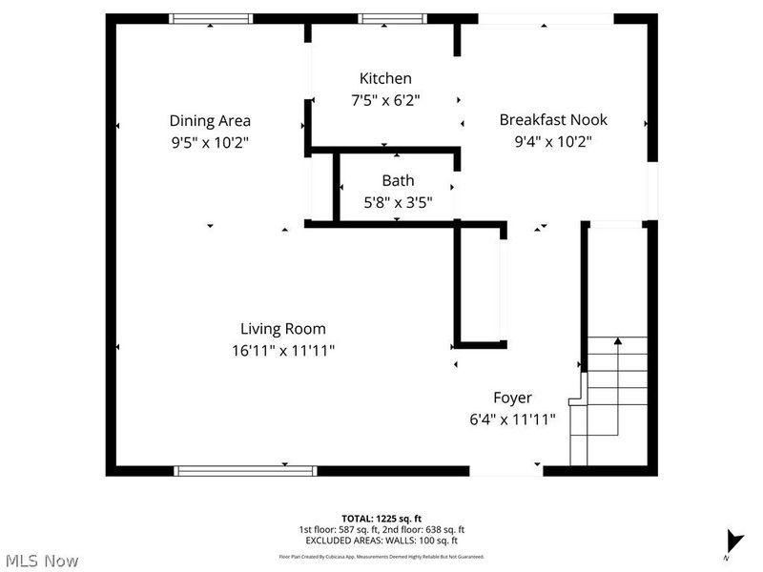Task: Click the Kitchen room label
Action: [x=385, y=78]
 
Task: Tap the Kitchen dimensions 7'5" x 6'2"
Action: [x=385, y=99]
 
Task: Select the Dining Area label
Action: [x=210, y=120]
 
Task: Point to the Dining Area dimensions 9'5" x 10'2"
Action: [x=210, y=141]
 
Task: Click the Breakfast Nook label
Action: [x=553, y=120]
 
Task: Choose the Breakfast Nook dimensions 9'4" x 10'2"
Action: [x=553, y=141]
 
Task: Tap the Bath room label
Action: [x=398, y=180]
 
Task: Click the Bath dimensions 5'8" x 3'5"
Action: [x=398, y=201]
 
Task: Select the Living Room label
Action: [x=283, y=329]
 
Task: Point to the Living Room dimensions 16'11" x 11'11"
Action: [x=283, y=350]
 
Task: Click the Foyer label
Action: [x=512, y=398]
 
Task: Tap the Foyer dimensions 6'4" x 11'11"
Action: [x=512, y=419]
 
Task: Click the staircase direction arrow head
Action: [x=618, y=339]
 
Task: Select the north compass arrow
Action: [x=733, y=540]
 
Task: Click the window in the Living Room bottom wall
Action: [x=245, y=470]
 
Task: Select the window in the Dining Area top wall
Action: [x=211, y=18]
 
